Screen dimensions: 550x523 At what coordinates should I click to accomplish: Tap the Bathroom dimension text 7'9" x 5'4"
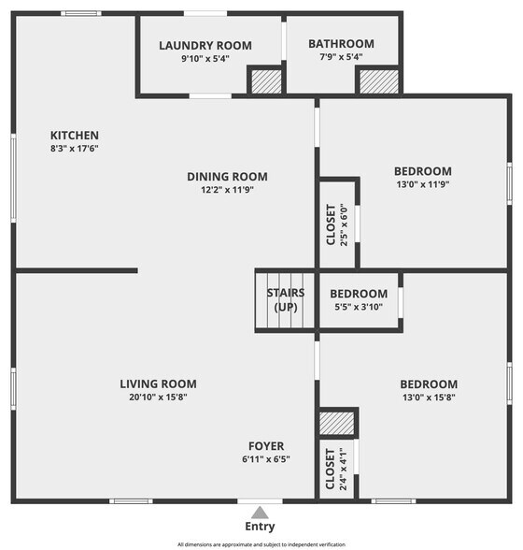341,58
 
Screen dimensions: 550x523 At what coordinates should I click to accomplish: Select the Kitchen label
74,136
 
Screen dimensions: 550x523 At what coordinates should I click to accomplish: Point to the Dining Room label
227,176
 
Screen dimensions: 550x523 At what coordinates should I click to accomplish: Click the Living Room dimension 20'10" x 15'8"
158,397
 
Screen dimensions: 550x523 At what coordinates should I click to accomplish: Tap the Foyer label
266,446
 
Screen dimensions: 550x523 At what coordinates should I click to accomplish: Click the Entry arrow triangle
261,512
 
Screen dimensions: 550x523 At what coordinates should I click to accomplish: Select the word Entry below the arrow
261,527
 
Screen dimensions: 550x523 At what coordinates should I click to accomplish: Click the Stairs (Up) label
285,299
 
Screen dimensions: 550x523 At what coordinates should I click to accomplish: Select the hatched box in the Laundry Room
266,81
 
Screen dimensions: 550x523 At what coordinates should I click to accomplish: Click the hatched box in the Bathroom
379,81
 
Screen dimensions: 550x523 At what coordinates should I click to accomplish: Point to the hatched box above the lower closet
337,422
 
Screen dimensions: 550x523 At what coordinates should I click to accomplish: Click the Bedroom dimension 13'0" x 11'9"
422,184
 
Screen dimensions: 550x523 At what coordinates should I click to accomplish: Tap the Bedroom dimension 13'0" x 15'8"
429,397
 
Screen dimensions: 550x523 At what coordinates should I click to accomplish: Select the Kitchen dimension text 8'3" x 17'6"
74,149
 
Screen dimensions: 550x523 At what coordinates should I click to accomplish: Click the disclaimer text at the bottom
261,543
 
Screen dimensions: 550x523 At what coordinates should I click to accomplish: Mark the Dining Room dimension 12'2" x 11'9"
227,189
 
